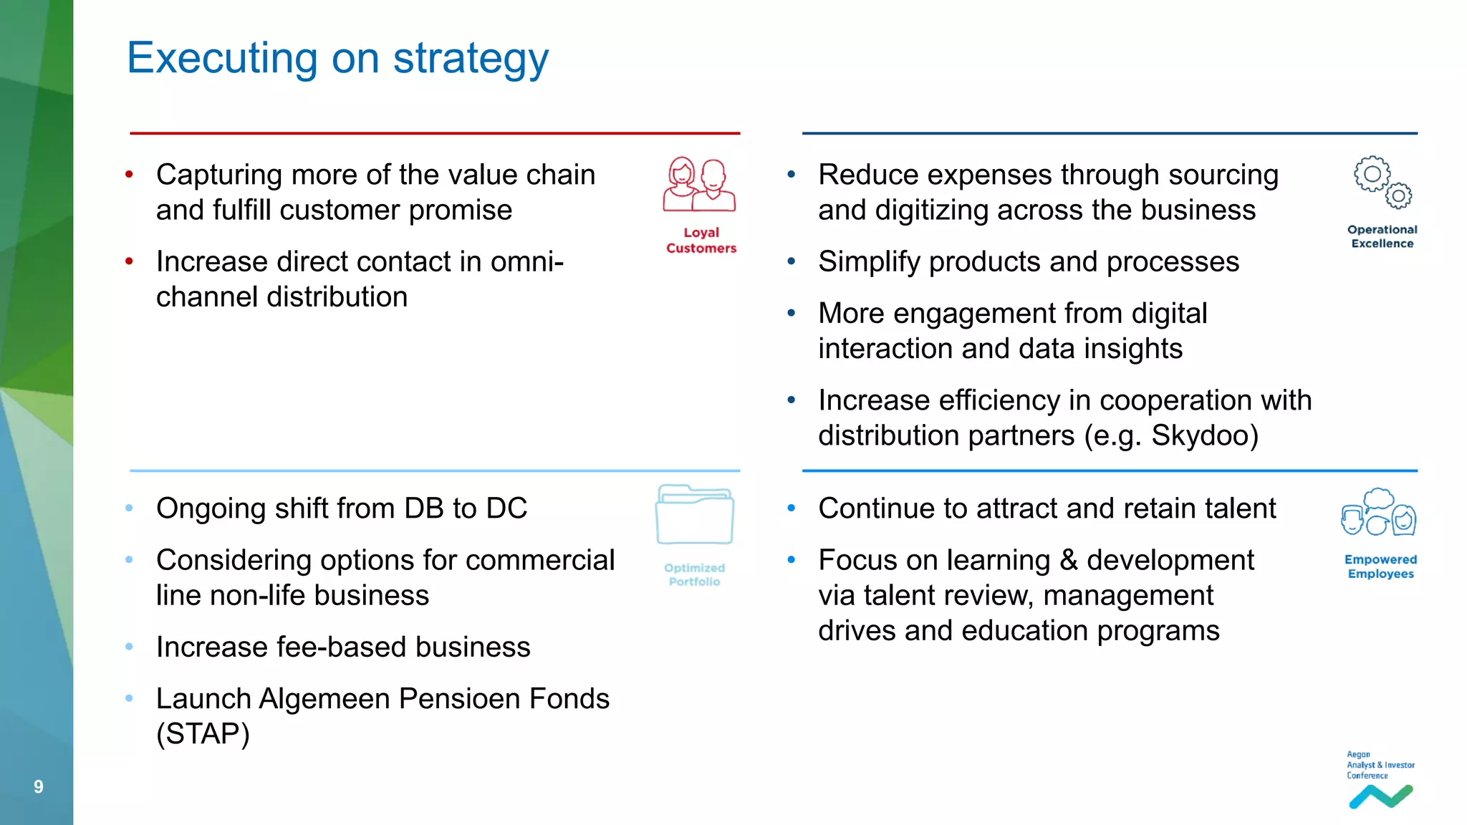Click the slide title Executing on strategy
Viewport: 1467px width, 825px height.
pos(337,58)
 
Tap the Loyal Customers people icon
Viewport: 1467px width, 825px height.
pos(699,185)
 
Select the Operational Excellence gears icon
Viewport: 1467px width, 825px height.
pos(1382,182)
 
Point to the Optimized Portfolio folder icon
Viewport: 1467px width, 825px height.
pos(694,515)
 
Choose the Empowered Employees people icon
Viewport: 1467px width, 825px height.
pos(1379,513)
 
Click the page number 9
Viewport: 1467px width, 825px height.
pos(39,787)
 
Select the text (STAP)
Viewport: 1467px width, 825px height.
pos(203,734)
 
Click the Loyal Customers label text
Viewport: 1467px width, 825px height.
pos(701,241)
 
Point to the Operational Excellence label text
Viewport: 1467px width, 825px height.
pos(1382,236)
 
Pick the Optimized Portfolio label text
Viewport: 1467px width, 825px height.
pos(694,575)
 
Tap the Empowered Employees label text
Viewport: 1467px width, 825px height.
pos(1380,566)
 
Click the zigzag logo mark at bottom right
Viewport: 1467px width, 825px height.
pos(1380,796)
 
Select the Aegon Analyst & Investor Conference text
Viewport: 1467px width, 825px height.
pos(1380,765)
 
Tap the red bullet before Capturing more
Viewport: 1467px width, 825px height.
pos(130,174)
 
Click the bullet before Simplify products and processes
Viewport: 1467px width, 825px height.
pos(792,261)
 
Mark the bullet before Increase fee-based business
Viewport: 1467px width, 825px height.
pos(130,647)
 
